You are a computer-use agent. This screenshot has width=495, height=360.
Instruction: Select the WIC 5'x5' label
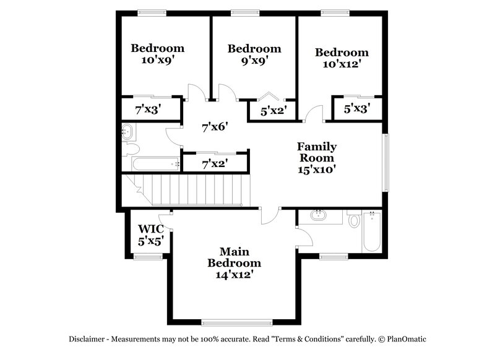[150, 236]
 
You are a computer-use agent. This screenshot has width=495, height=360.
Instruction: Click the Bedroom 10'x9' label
[157, 54]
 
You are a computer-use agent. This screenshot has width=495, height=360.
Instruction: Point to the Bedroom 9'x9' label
[254, 54]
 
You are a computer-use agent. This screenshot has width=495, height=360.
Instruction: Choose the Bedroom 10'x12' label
[341, 58]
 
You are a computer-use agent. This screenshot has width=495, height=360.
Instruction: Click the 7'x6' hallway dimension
[215, 127]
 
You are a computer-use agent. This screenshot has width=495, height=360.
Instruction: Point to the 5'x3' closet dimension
[357, 109]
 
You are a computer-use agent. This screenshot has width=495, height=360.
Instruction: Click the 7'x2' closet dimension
[215, 164]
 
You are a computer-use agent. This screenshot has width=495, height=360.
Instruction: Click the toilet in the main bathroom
[354, 221]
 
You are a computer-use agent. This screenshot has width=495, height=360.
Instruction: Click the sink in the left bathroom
[127, 131]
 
